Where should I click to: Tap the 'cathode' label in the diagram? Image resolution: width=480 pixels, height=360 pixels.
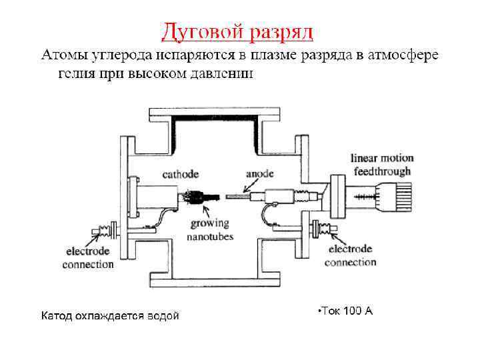180,174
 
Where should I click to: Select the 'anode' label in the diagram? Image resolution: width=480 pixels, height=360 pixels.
259,174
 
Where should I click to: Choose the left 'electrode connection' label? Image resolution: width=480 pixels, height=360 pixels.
88,258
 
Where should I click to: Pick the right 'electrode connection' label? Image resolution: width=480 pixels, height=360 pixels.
351,255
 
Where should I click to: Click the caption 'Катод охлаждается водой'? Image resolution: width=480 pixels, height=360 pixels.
110,315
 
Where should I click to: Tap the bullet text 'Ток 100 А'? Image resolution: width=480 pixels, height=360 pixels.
345,311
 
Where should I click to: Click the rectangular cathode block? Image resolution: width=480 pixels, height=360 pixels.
157,197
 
